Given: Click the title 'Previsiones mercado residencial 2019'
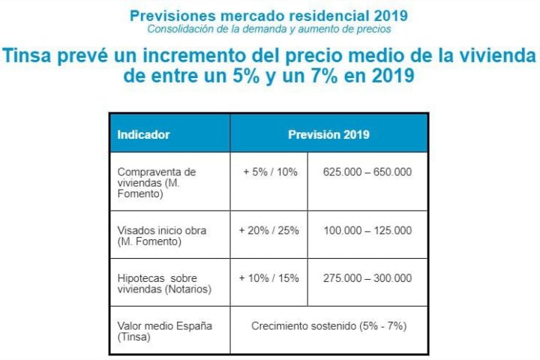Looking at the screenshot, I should (269, 15).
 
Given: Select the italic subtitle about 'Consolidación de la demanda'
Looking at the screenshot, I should (269, 29).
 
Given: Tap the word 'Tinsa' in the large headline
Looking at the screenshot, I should (28, 57).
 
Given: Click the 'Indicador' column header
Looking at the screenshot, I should (143, 135).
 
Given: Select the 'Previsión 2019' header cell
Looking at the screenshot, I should (328, 135).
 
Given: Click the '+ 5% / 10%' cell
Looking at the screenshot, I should (270, 172).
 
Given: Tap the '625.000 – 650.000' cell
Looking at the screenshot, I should (367, 172).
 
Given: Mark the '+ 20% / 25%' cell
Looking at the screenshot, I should (268, 230).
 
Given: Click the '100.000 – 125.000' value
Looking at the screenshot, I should (367, 230).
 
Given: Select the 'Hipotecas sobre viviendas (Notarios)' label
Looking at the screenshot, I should (164, 283).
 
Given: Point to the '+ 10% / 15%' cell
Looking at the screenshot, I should (268, 278).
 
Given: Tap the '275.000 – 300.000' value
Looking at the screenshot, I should (367, 278).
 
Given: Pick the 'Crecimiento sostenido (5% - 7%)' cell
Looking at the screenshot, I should (329, 325).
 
